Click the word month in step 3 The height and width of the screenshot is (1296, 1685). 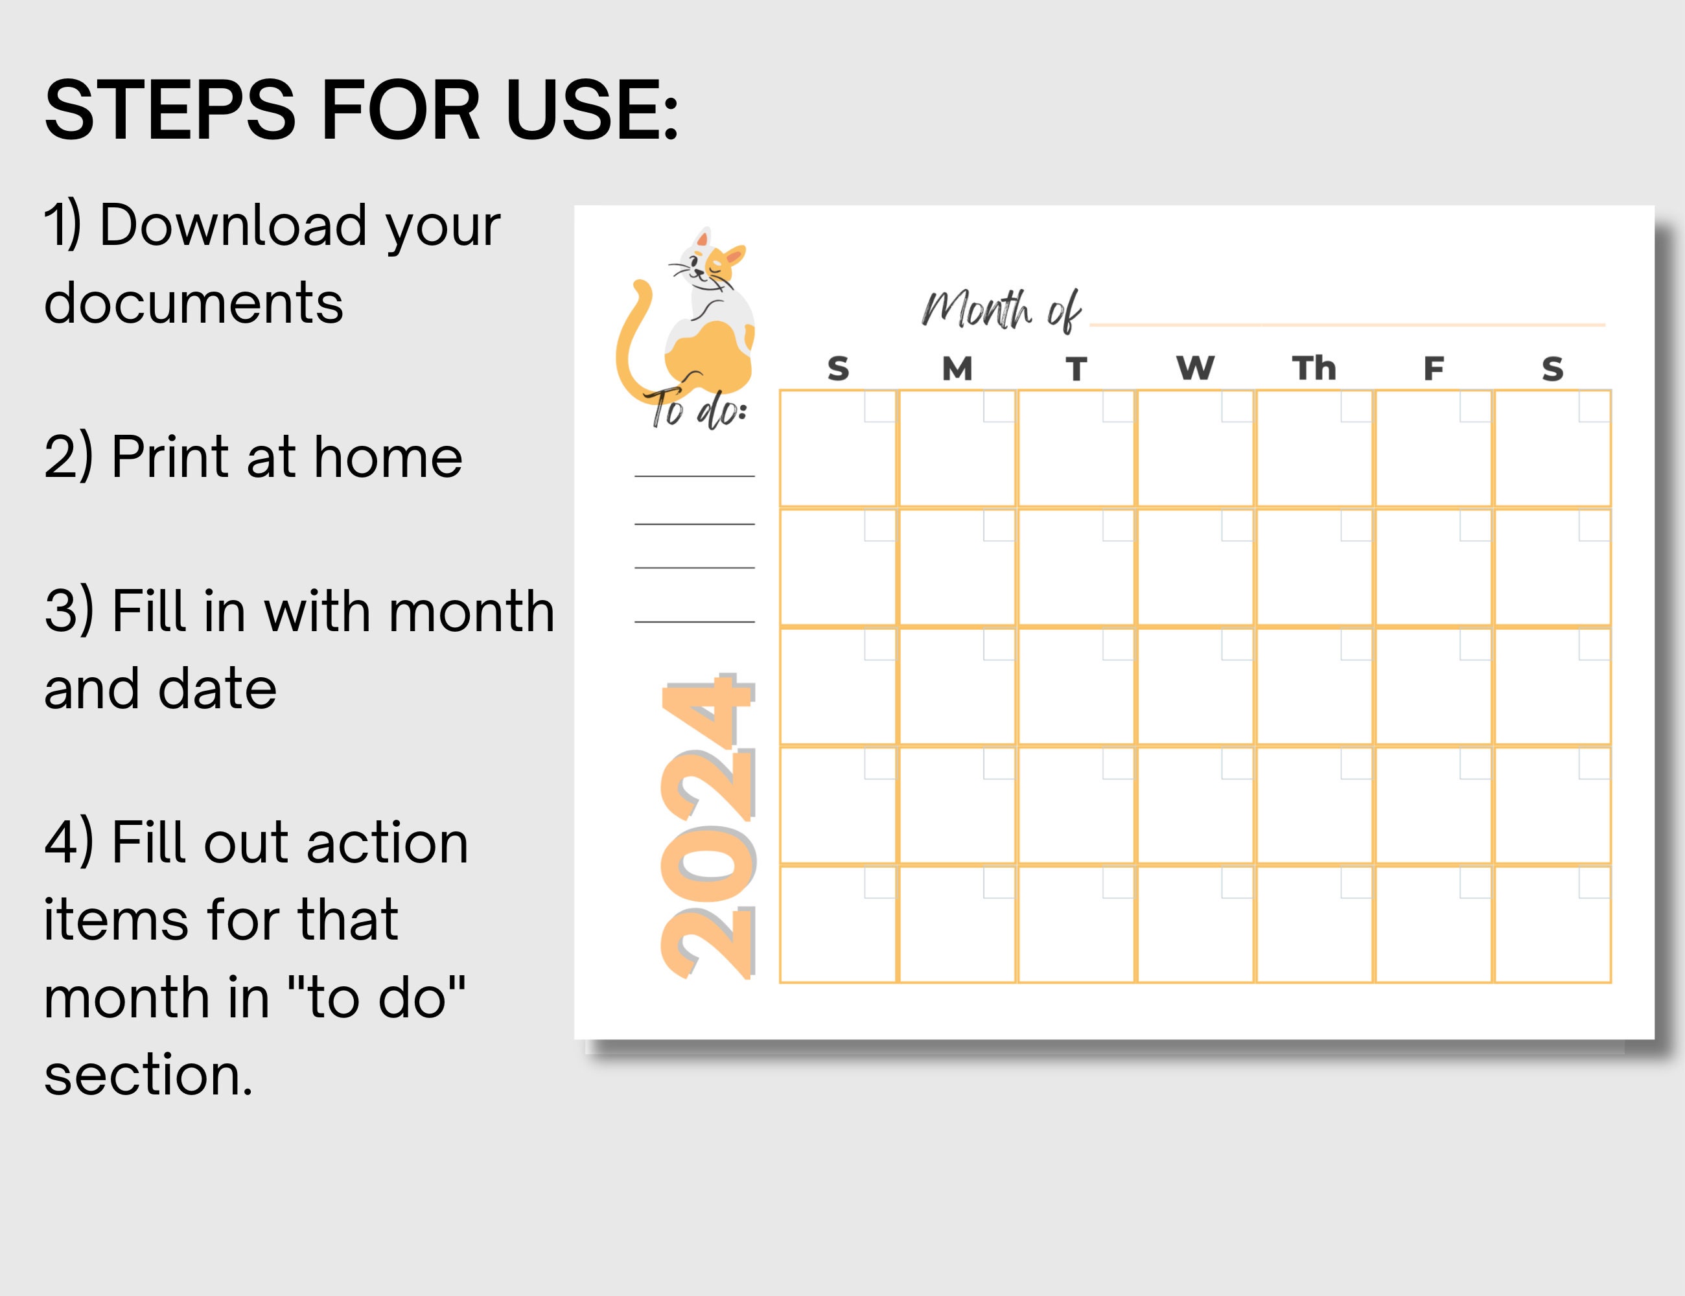471,611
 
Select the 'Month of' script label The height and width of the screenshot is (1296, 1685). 1001,310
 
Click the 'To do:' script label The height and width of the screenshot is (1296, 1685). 697,409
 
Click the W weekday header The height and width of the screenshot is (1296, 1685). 1194,369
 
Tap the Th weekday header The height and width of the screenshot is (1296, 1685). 1313,369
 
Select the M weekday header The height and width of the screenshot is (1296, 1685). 957,369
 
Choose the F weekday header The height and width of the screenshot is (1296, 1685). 1433,369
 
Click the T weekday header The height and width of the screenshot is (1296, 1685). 1076,369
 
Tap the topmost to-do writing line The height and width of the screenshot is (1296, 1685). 694,476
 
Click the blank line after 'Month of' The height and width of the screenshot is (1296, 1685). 1346,325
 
